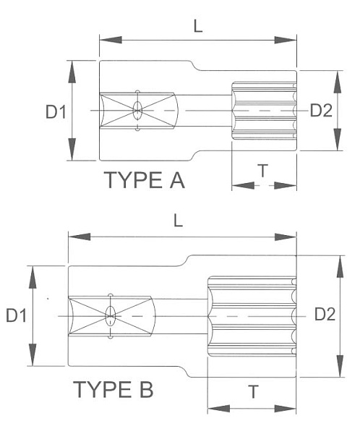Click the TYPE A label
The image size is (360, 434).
145,179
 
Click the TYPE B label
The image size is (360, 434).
113,391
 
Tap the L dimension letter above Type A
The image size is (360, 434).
197,25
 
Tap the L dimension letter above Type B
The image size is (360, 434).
178,221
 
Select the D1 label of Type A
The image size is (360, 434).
56,111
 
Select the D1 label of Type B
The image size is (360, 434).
17,315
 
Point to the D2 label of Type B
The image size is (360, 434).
325,315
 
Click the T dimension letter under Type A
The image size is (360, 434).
263,171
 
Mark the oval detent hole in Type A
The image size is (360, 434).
137,111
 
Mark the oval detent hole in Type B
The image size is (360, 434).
111,315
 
